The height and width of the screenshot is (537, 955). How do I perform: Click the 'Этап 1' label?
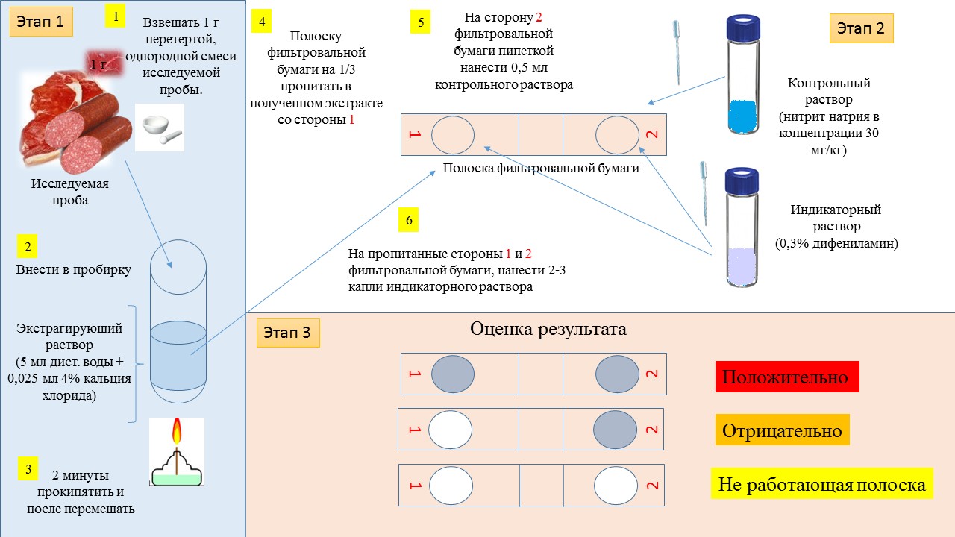pos(41,22)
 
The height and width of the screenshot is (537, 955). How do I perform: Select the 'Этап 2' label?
pos(861,28)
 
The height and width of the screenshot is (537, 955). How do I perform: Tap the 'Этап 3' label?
pos(288,333)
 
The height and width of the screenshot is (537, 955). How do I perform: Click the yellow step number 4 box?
pos(261,22)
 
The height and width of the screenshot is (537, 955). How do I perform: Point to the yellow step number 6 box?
pos(408,220)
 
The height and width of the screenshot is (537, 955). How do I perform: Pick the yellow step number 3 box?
pos(28,469)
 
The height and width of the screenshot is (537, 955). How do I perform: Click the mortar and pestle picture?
pos(160,128)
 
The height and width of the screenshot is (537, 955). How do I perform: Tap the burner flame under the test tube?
pos(177,431)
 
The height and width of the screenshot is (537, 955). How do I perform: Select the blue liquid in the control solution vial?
pos(743,116)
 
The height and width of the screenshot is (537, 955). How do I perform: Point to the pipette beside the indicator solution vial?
pos(704,193)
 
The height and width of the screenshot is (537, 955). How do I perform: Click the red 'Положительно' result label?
pos(787,377)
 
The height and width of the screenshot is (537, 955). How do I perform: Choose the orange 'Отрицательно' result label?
pos(783,430)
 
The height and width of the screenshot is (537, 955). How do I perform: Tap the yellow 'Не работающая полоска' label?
pos(822,484)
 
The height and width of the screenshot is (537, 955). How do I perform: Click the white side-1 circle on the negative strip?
pos(450,430)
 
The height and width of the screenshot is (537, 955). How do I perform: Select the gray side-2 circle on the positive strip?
pos(617,374)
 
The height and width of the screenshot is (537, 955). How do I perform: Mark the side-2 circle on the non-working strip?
pos(616,486)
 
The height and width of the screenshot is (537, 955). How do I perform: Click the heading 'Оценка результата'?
pos(548,329)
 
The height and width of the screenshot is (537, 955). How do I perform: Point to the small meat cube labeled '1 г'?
pos(104,63)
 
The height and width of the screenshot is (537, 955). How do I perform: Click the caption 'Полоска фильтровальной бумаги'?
pos(541,168)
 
